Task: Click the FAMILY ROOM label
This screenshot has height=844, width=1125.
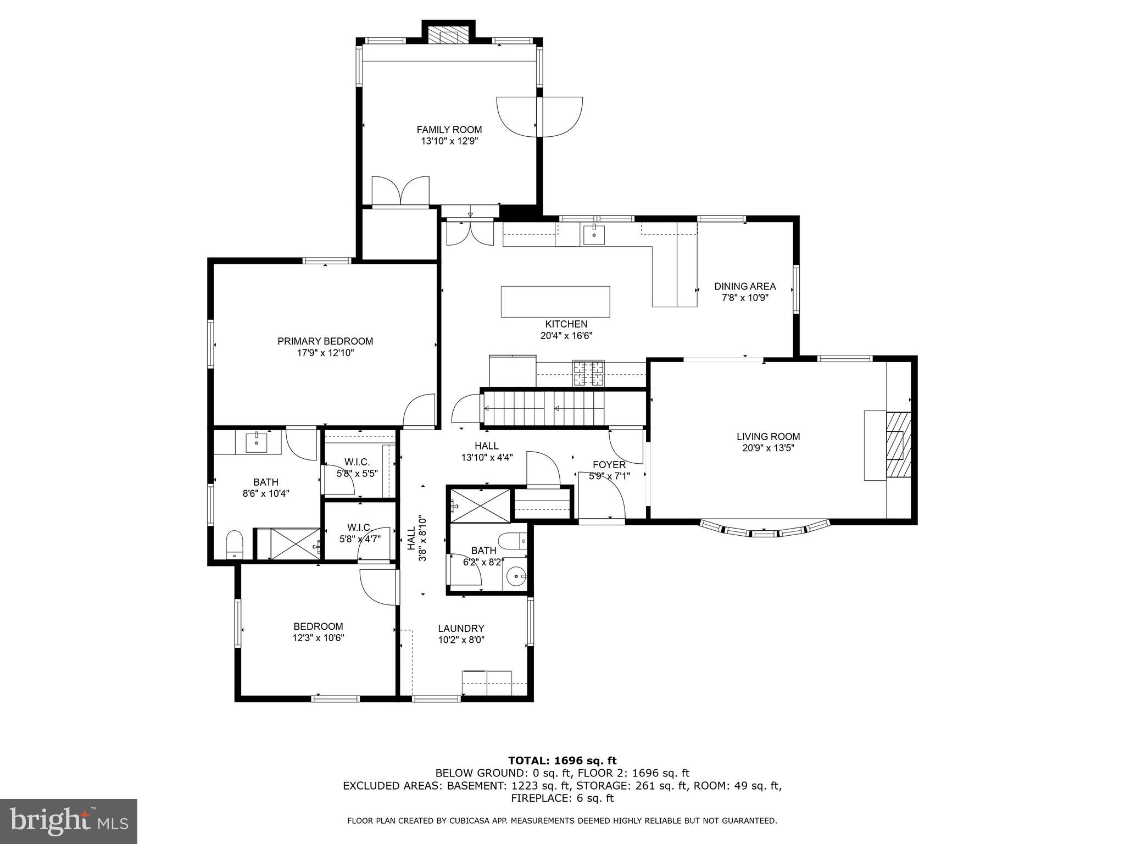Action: point(449,130)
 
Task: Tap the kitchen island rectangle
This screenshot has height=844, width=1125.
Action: point(555,302)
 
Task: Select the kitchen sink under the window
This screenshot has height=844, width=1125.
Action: point(593,234)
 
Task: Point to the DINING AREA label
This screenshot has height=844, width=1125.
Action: point(744,286)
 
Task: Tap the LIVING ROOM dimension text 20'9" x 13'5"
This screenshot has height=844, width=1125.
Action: point(768,448)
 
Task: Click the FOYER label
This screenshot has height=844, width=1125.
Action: point(609,465)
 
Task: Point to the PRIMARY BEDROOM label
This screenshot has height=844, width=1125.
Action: point(325,341)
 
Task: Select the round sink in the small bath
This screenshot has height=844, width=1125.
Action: point(516,577)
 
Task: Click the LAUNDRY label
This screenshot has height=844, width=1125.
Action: point(461,628)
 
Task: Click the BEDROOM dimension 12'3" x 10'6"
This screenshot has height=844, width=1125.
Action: point(318,638)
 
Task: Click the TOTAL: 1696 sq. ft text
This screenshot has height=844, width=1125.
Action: point(562,760)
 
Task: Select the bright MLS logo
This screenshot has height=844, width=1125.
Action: point(69,821)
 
